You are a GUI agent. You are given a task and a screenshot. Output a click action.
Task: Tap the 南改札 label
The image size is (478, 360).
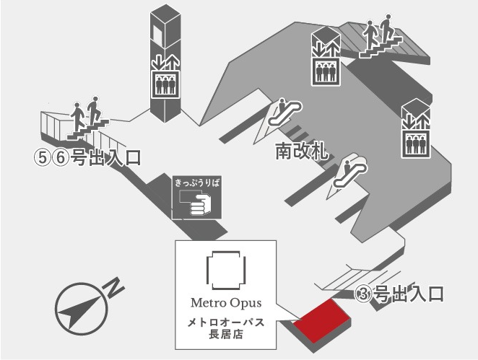pyautogui.click(x=302, y=152)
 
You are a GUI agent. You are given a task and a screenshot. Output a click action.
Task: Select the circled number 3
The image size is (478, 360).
pyautogui.click(x=365, y=294)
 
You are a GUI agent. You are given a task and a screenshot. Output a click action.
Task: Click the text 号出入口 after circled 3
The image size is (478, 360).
pyautogui.click(x=407, y=294)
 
